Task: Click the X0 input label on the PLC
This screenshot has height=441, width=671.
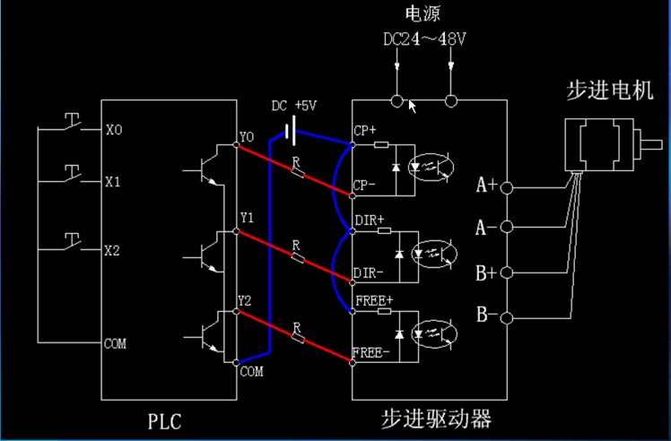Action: [114, 131]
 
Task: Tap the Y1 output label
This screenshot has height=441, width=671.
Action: [248, 218]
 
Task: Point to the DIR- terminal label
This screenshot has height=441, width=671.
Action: [370, 272]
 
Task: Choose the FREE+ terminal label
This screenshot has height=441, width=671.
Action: [374, 299]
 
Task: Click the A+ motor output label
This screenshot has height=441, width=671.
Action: [486, 186]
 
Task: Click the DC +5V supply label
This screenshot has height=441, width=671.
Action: [294, 105]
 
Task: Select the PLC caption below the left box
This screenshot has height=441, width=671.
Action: [163, 419]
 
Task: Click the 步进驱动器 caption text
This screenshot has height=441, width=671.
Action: [437, 419]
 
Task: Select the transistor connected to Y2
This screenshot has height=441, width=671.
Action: [208, 334]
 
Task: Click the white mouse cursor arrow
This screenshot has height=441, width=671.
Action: [413, 107]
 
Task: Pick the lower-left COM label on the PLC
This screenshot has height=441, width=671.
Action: [115, 343]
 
